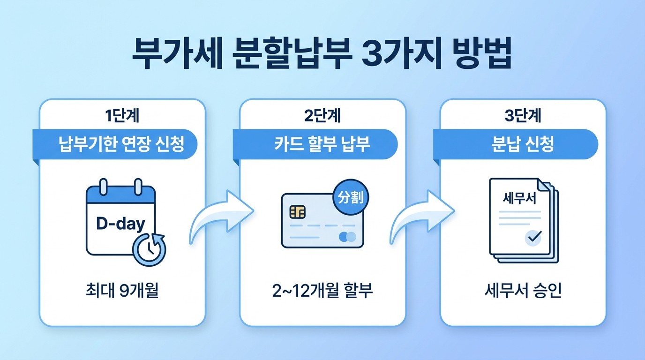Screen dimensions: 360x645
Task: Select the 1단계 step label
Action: (122, 116)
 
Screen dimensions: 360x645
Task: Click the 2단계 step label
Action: (322, 116)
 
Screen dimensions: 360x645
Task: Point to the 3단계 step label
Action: (523, 116)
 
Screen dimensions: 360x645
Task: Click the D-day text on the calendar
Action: (120, 224)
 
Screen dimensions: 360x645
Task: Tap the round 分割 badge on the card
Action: (351, 197)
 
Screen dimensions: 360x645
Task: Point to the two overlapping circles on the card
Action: (348, 236)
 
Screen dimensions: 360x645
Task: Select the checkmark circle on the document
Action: (533, 238)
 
